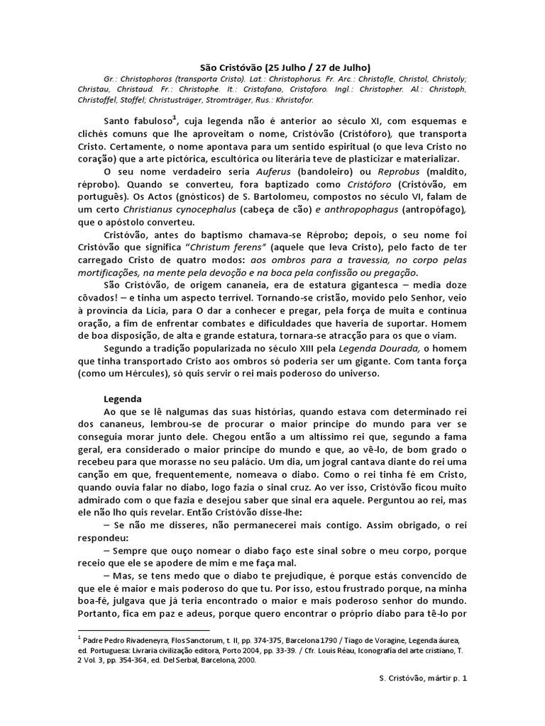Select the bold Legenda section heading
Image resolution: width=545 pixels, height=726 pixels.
coord(123,398)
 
